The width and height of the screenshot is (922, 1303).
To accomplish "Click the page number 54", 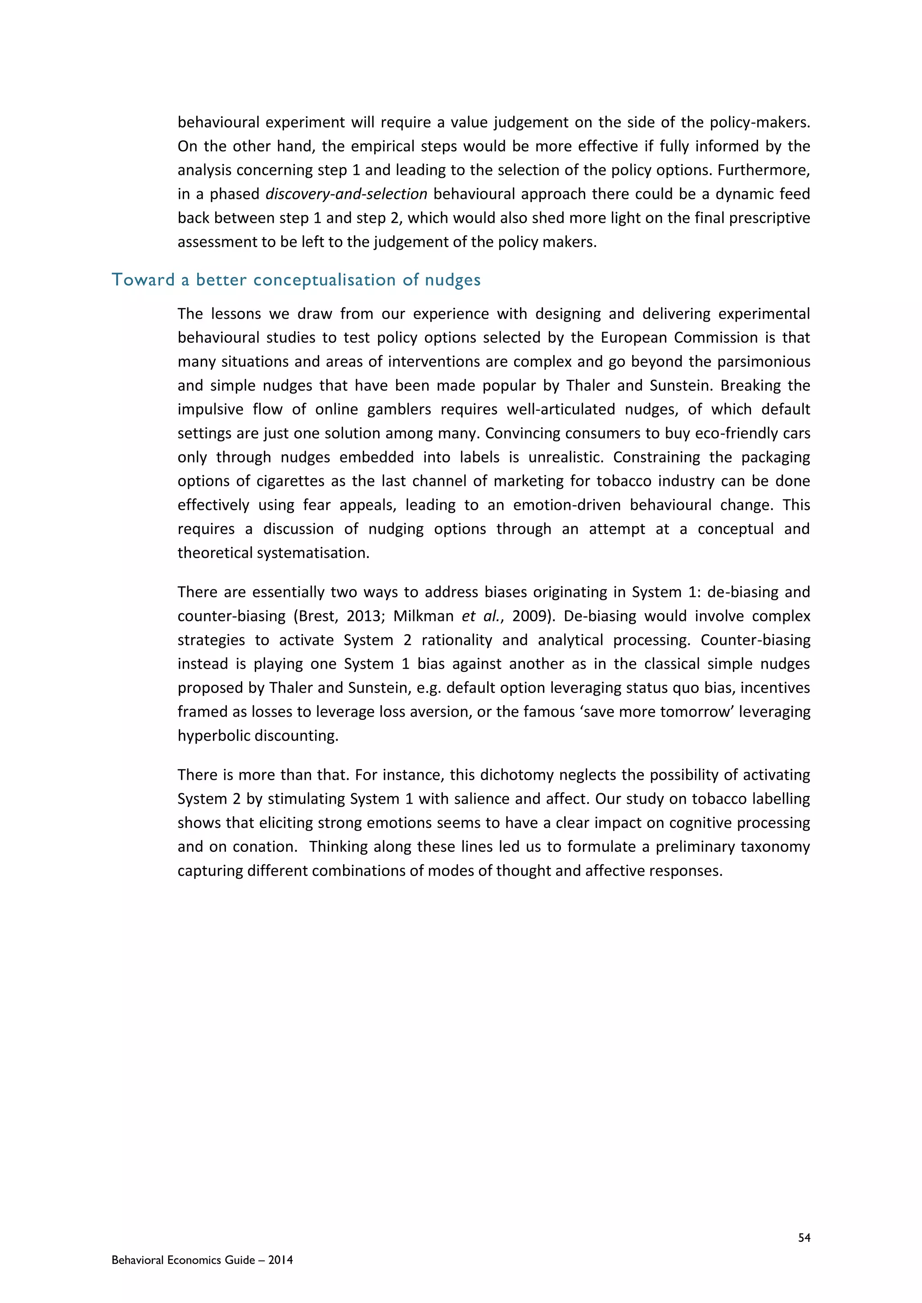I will [804, 1238].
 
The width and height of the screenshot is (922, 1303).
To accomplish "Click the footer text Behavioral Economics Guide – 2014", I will [202, 1260].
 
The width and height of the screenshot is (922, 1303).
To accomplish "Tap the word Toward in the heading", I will [143, 280].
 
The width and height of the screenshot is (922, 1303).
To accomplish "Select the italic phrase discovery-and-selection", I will [346, 194].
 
